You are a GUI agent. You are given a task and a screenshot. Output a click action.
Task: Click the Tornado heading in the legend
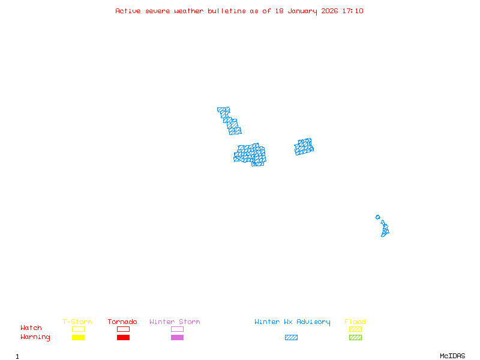point(122,322)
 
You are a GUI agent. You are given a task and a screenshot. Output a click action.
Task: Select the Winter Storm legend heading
point(175,322)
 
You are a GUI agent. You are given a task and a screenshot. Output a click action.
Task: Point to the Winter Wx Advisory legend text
point(292,322)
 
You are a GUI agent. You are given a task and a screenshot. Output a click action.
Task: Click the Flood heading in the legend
point(355,322)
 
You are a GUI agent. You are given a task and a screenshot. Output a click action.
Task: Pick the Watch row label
point(31,328)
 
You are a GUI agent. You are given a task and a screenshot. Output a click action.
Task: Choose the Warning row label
point(35,337)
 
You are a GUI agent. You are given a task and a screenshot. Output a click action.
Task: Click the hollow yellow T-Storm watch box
point(78,329)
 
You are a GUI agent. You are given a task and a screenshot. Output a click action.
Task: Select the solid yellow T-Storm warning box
point(78,338)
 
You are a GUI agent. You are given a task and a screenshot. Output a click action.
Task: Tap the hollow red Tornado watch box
point(123,329)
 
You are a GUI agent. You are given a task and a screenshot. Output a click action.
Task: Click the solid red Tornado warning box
point(123,338)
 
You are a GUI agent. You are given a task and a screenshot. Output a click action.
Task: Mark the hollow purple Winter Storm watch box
point(177,329)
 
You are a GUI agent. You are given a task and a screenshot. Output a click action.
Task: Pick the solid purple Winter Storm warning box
point(177,338)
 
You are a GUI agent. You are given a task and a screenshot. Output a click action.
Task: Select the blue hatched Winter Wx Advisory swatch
point(291,338)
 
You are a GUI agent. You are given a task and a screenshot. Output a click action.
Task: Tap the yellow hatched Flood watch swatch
point(355,329)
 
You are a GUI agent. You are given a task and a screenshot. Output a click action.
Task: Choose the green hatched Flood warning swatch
point(355,338)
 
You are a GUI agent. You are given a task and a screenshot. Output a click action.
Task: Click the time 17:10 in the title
point(353,11)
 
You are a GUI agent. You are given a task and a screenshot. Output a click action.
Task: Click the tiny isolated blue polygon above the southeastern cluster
point(377,217)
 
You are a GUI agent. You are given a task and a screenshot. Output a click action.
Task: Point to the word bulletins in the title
point(227,11)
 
